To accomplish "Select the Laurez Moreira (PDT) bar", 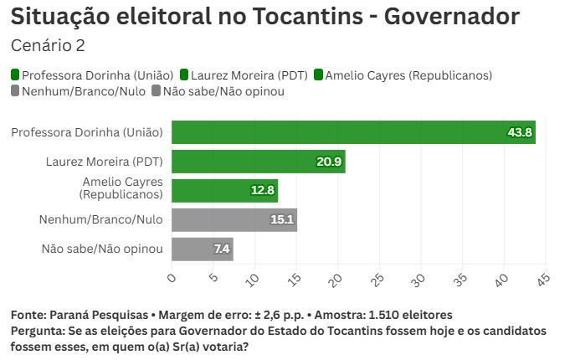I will (x=258, y=162).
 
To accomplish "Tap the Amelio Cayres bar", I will (x=224, y=190).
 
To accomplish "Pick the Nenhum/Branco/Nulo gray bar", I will (x=234, y=219).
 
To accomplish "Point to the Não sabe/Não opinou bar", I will (x=202, y=249).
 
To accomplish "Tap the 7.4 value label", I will (x=221, y=249).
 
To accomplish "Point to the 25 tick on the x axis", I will (x=378, y=277).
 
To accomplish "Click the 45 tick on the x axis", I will (x=544, y=277).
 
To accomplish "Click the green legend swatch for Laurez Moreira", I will (x=184, y=75).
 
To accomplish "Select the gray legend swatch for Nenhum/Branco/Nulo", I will (x=16, y=91).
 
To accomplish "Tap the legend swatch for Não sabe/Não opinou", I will (x=157, y=91).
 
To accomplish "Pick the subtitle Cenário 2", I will (x=47, y=45).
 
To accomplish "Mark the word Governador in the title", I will (x=452, y=16).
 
